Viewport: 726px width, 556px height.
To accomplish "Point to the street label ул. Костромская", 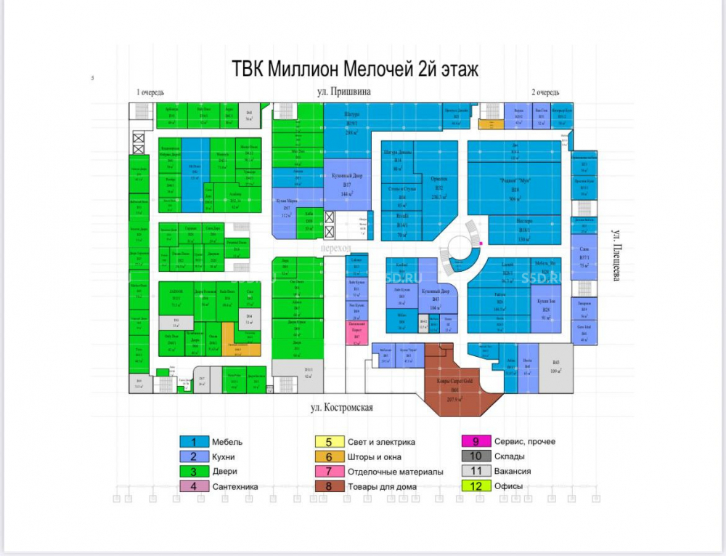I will pos(338,408).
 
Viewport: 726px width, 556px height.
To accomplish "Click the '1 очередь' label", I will pos(151,92).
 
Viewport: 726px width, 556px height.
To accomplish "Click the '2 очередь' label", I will pos(545,92).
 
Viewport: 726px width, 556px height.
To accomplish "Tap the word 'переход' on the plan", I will pos(327,247).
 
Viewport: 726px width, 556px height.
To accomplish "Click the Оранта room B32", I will pos(439,190).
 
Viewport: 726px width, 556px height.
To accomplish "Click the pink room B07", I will pos(356,333).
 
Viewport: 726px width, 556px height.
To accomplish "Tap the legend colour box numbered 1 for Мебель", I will pos(194,442).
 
